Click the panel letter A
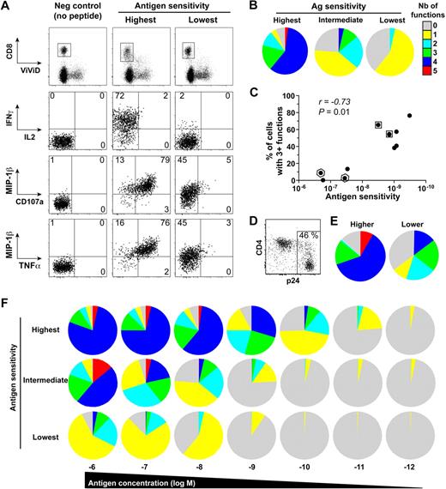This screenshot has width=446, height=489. click(7, 8)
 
